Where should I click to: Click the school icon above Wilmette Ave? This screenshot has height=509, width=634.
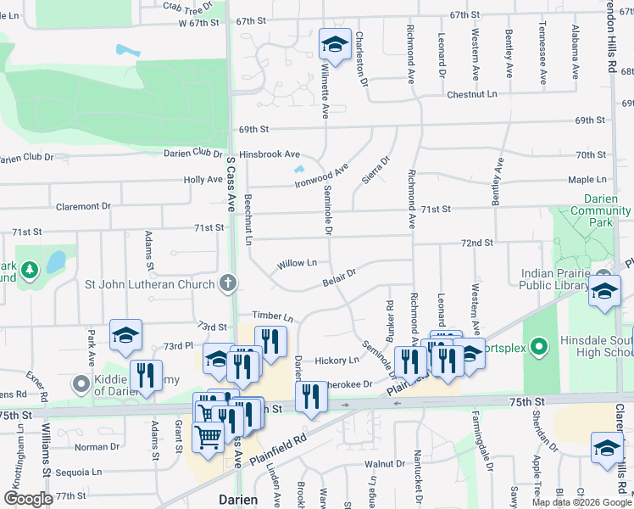tap(335, 45)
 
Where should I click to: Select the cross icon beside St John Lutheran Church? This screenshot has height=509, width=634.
tap(227, 283)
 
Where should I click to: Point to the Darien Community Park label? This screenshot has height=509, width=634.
tap(600, 204)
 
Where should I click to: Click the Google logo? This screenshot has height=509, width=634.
tap(29, 498)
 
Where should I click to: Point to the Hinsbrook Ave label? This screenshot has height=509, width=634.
tap(270, 154)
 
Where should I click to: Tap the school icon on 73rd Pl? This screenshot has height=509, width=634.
tap(125, 336)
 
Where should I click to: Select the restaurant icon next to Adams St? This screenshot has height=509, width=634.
tap(146, 376)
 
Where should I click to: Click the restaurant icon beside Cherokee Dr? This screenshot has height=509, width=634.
tap(311, 396)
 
